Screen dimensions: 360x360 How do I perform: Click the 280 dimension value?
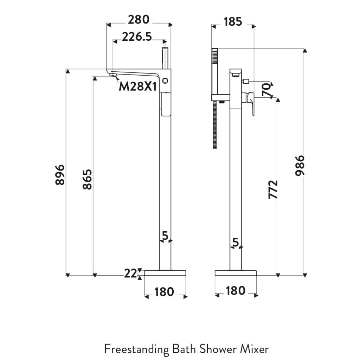[x=139, y=20]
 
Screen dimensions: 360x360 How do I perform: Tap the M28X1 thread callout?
[x=137, y=86]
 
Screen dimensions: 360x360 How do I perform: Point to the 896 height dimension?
[x=60, y=174]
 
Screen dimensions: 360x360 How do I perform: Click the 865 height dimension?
[x=87, y=179]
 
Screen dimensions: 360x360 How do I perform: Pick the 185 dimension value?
[x=232, y=21]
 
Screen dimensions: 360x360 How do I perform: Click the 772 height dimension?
[x=273, y=189]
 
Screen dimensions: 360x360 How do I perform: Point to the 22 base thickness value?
[x=130, y=273]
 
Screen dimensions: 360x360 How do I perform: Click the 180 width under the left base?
[x=164, y=292]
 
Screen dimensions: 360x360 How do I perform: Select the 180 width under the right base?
[x=235, y=291]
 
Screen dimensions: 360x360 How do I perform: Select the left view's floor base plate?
[x=165, y=273]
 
